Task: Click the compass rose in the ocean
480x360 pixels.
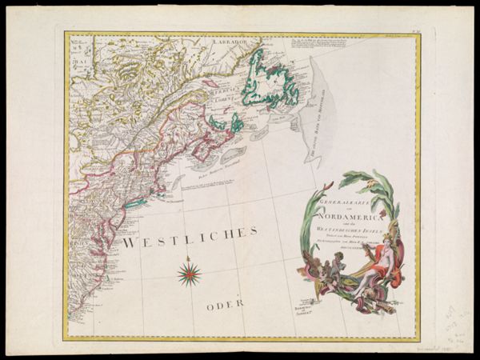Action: point(190,274)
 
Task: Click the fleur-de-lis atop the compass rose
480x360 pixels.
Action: point(190,261)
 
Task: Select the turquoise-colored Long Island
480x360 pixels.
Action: point(137,205)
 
